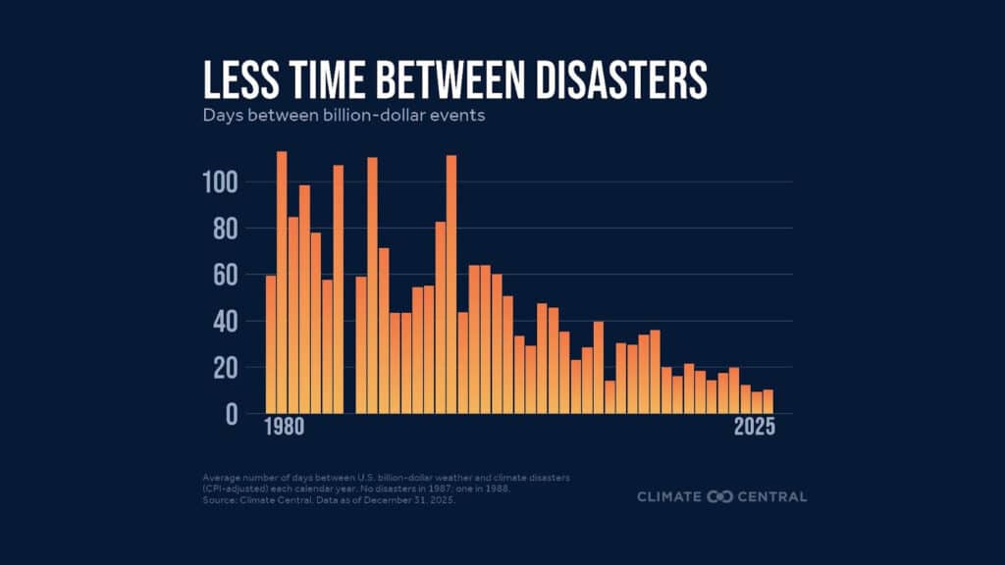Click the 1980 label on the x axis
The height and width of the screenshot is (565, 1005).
coord(283,429)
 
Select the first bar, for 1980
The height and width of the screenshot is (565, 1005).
coord(271,344)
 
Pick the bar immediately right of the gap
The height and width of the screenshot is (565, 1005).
coord(361,344)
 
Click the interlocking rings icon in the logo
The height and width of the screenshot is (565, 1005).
coord(720,496)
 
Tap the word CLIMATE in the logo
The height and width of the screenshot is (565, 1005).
coord(670,496)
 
